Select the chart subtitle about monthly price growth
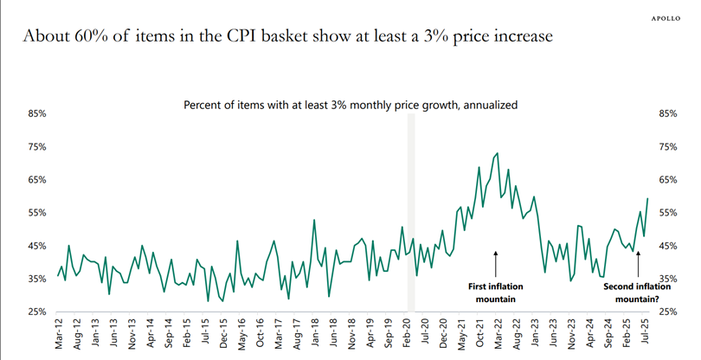point(350,105)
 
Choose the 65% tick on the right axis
point(668,179)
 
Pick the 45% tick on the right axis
point(668,246)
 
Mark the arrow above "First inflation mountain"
point(496,262)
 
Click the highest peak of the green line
point(497,153)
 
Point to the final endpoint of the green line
point(647,199)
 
